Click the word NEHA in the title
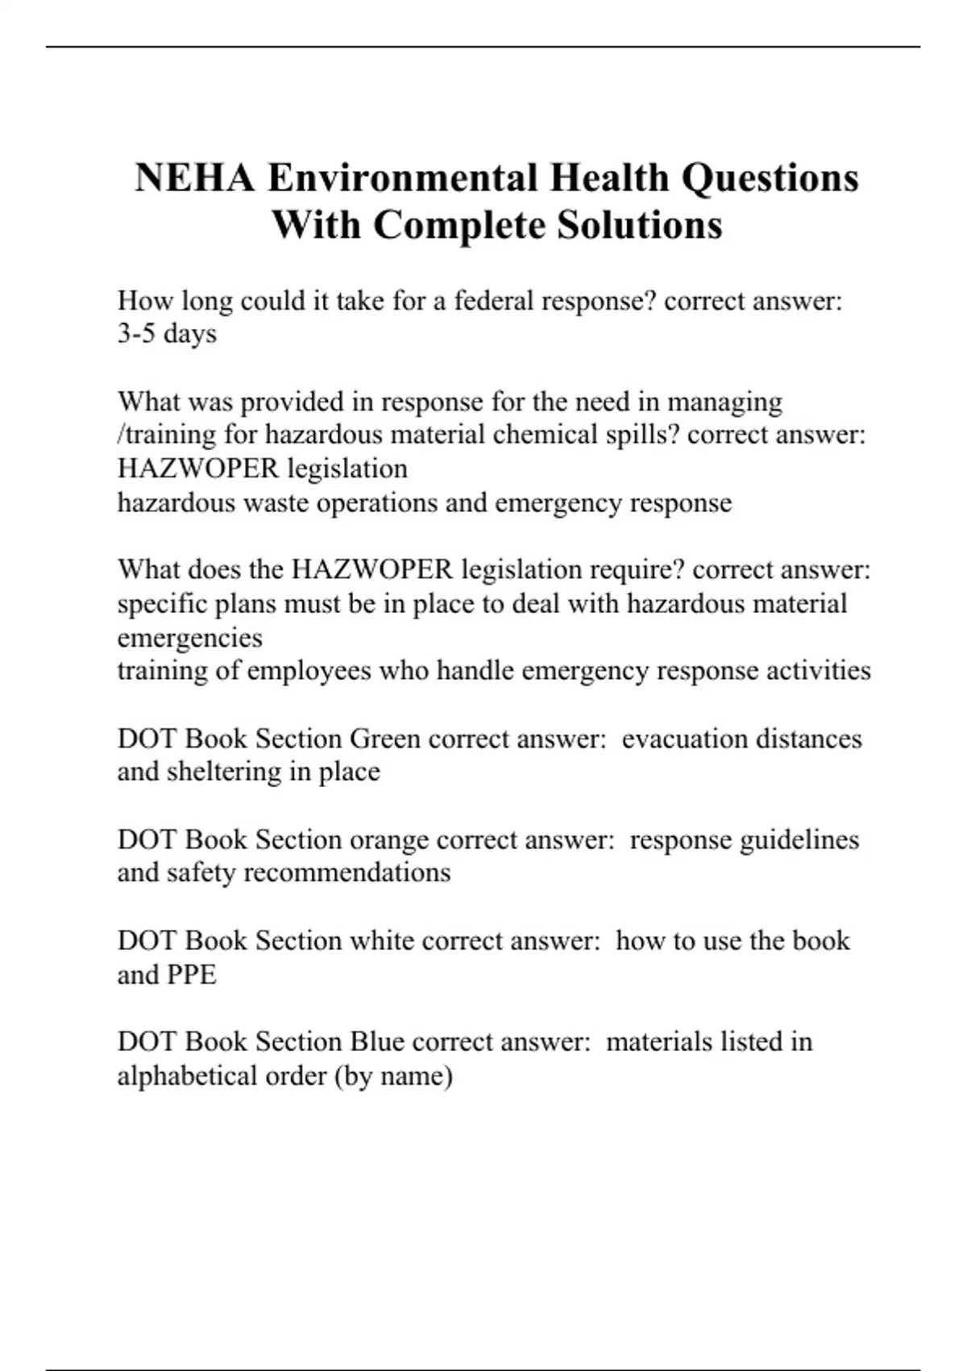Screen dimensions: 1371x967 coord(194,178)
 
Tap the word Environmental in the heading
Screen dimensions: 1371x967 coord(402,178)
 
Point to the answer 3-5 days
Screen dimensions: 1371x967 coord(167,334)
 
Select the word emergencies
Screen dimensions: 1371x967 coord(189,638)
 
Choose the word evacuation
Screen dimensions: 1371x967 coord(674,739)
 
